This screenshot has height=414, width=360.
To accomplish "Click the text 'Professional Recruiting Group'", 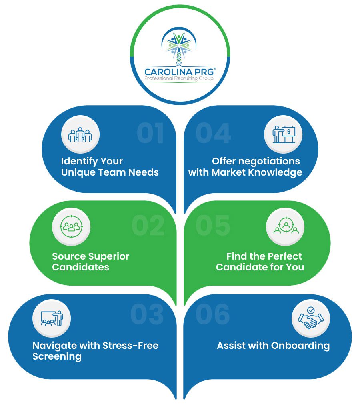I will (180, 78).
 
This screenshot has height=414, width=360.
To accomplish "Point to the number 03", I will (147, 314).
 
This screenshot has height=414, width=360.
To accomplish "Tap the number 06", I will (212, 314).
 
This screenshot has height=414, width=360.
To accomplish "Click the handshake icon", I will (311, 319).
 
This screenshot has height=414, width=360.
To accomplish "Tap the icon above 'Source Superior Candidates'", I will (71, 226).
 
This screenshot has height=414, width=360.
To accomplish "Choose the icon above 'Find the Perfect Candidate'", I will (285, 226).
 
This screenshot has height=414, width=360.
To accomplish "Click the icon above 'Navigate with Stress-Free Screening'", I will (52, 318).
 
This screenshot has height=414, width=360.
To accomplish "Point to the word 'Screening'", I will (57, 356).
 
